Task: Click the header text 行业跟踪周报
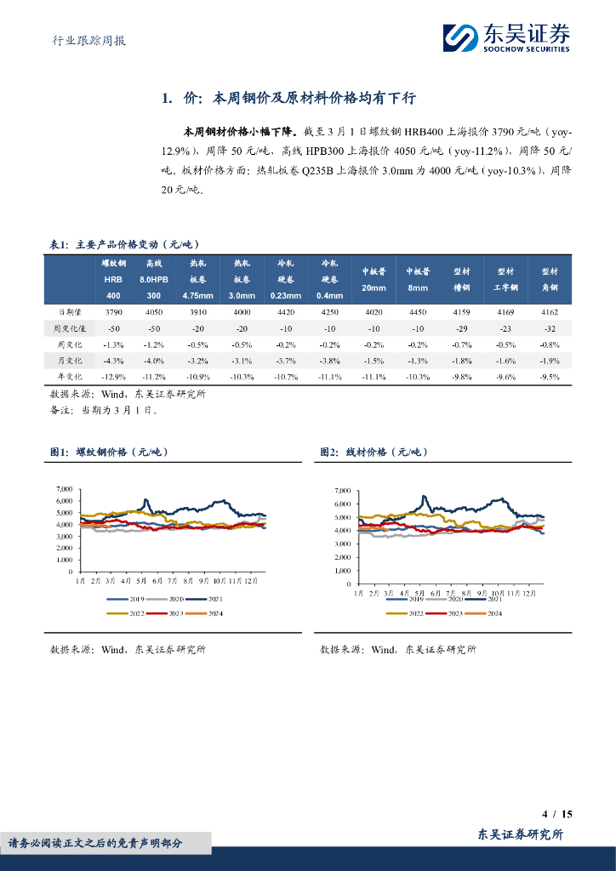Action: pyautogui.click(x=83, y=39)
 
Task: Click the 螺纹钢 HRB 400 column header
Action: pyautogui.click(x=113, y=279)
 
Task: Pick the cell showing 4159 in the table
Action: pyautogui.click(x=462, y=312)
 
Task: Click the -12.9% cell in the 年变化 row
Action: pyautogui.click(x=113, y=376)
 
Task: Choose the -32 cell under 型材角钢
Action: pyautogui.click(x=550, y=328)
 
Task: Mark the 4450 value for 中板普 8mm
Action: pyautogui.click(x=418, y=312)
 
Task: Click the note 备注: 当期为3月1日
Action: pyautogui.click(x=104, y=410)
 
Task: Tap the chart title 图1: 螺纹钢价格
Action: pyautogui.click(x=111, y=453)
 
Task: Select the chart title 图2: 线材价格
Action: pyautogui.click(x=374, y=453)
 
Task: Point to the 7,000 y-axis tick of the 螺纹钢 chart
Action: pyautogui.click(x=64, y=489)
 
